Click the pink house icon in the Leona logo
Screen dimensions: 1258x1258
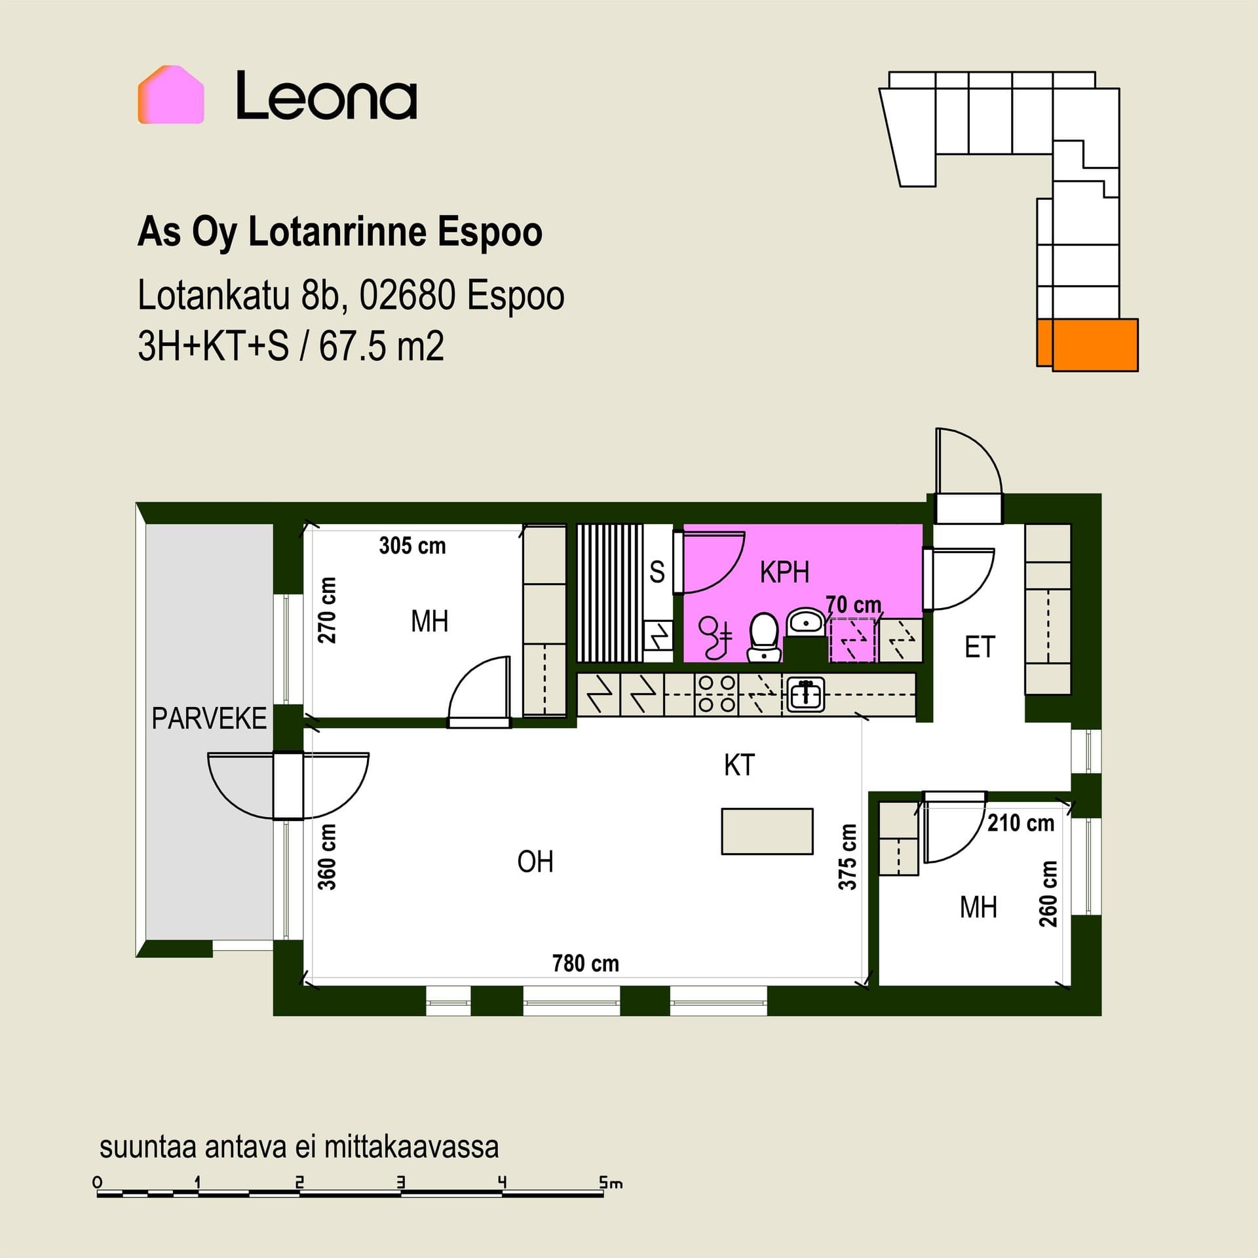click(x=171, y=94)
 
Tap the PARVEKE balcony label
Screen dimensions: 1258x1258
click(x=209, y=719)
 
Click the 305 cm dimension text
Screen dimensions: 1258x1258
click(x=412, y=546)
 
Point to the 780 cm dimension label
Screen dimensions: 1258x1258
click(x=585, y=963)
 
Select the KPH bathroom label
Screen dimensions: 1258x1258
click(x=784, y=572)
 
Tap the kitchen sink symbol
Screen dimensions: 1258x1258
click(x=807, y=695)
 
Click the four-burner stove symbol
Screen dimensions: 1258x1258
click(x=717, y=694)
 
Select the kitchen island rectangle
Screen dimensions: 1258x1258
click(x=767, y=831)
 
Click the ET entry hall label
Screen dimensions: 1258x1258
click(x=980, y=647)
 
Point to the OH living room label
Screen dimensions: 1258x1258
click(x=535, y=862)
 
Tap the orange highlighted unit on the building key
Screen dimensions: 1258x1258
click(x=1088, y=345)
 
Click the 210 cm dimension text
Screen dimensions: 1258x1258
click(x=1021, y=823)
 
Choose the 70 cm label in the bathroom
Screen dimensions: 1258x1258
click(x=853, y=605)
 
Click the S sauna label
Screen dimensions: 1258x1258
click(x=657, y=572)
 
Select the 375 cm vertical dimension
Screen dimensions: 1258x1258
click(x=848, y=857)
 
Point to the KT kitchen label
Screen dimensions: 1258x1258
click(x=739, y=765)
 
